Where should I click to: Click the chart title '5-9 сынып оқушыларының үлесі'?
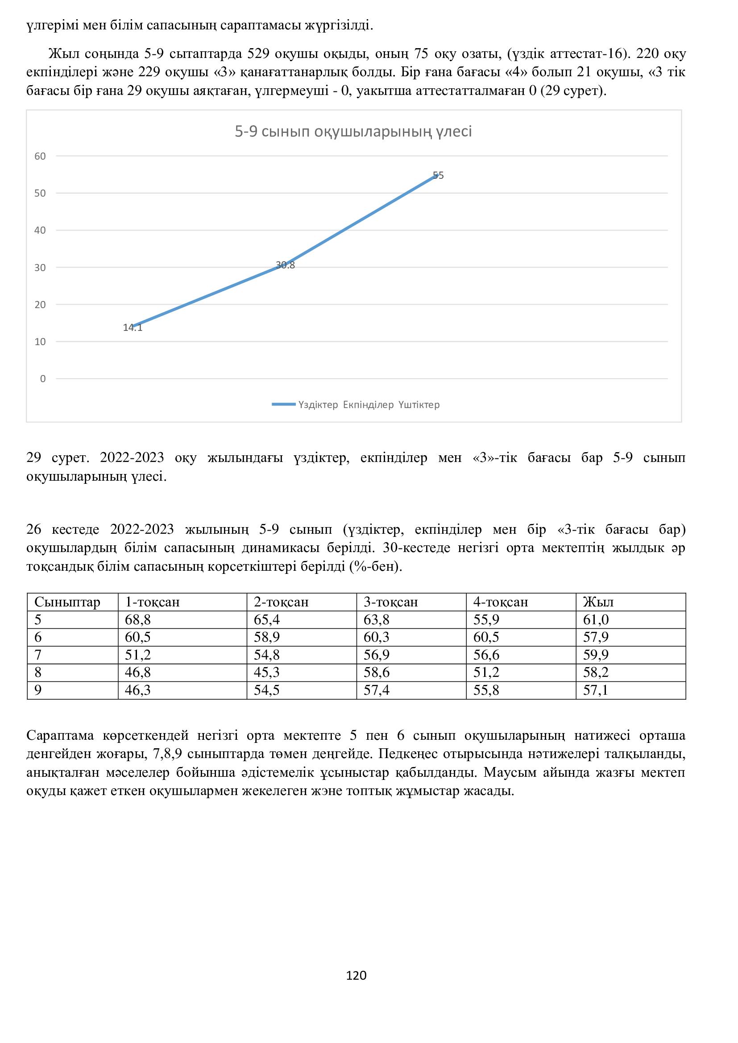click(353, 132)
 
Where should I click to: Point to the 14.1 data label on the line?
click(133, 328)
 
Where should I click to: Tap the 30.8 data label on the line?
click(286, 265)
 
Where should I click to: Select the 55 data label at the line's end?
click(438, 175)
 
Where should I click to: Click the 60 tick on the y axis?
click(41, 156)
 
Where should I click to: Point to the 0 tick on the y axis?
click(43, 379)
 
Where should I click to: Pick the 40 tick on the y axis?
click(41, 230)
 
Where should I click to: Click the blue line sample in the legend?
click(284, 404)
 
